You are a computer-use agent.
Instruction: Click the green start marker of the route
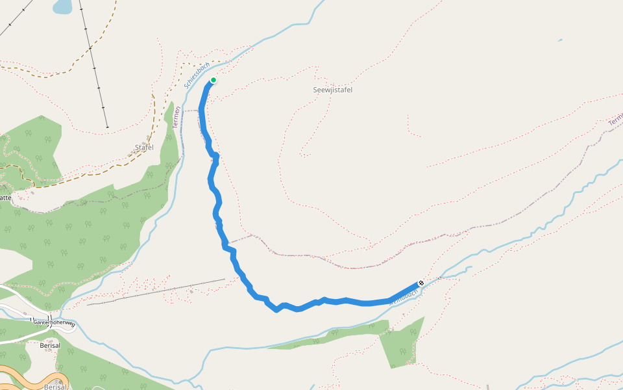[x=213, y=80]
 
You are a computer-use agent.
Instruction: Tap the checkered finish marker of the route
[x=421, y=283]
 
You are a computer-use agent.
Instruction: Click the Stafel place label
[x=144, y=148]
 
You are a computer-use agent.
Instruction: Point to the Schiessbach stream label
[x=196, y=75]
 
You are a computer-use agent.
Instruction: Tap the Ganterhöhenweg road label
[x=55, y=323]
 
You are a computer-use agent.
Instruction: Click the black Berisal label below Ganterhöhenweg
[x=49, y=345]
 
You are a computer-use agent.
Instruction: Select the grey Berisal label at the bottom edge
[x=55, y=386]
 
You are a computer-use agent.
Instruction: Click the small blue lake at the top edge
[x=63, y=6]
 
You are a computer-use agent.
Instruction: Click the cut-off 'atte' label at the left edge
[x=5, y=198]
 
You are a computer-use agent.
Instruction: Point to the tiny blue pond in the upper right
[x=560, y=40]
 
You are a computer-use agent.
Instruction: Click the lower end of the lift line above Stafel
[x=107, y=127]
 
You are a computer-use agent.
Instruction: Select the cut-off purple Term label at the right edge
[x=615, y=120]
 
